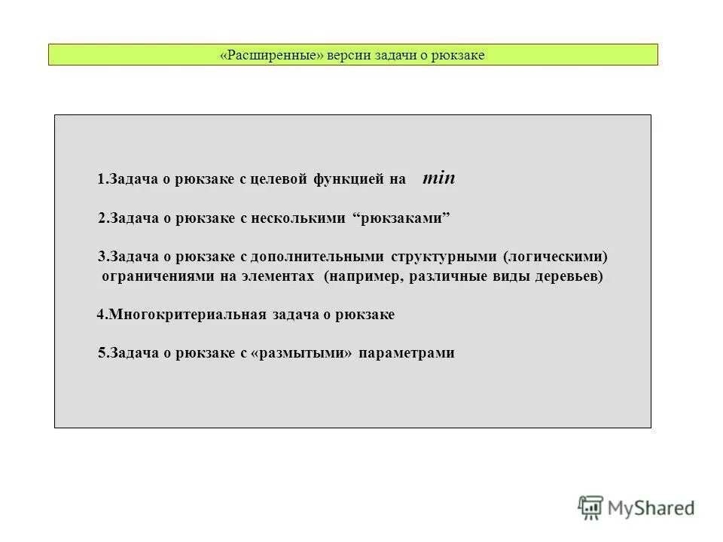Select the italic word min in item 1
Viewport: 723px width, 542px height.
439,179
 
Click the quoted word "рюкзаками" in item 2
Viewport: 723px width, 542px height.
401,218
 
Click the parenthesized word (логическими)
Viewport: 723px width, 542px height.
556,257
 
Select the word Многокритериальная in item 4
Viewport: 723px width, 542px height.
186,315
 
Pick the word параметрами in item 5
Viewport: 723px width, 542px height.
407,353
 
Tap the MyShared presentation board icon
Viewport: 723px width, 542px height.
591,507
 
